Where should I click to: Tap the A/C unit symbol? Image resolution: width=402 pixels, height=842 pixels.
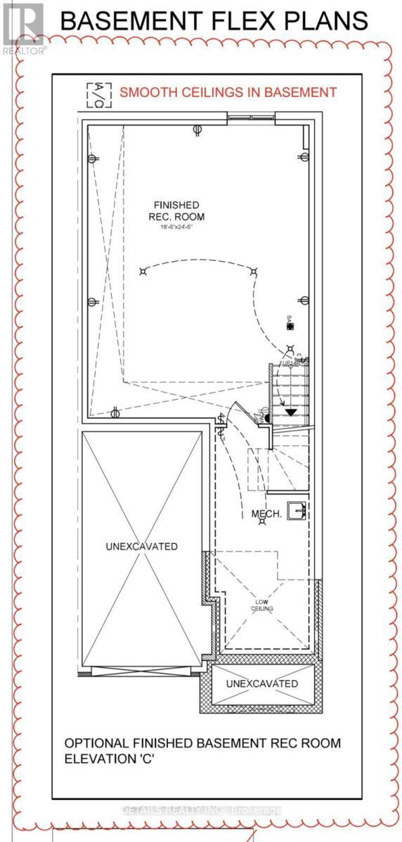pyautogui.click(x=93, y=95)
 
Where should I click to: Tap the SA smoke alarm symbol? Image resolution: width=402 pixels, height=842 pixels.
pyautogui.click(x=290, y=323)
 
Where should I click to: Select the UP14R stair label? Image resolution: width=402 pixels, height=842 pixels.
pyautogui.click(x=290, y=364)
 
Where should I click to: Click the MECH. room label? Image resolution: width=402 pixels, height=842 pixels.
pyautogui.click(x=267, y=514)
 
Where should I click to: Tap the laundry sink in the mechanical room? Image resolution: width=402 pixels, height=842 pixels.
pyautogui.click(x=299, y=509)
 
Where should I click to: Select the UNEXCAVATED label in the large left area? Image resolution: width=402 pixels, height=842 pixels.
pyautogui.click(x=143, y=546)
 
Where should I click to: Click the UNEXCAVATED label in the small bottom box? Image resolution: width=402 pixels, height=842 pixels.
pyautogui.click(x=261, y=683)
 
